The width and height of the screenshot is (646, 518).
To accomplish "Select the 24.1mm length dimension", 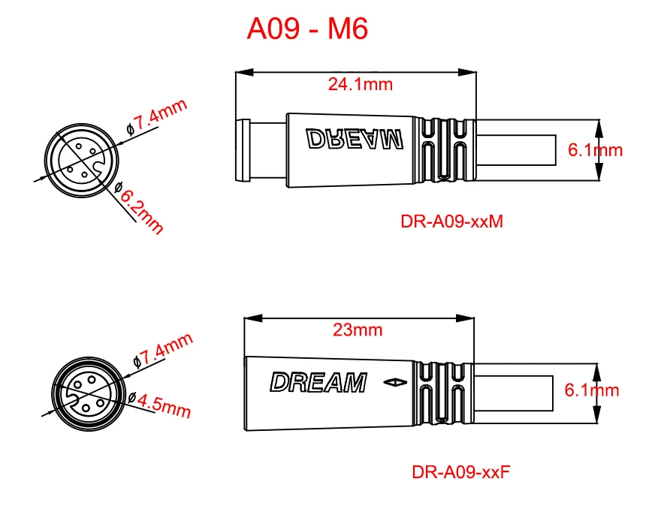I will tap(360, 84).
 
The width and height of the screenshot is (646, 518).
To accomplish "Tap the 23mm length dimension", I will tap(357, 330).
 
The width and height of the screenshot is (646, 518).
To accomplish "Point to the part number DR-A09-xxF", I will tap(461, 472).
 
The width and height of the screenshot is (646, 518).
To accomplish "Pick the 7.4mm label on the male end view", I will tap(159, 116).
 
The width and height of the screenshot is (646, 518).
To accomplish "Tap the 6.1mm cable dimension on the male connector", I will tap(595, 149).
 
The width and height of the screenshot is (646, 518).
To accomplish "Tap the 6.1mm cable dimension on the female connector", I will tap(591, 390).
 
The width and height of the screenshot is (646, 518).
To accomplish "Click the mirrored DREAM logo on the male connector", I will tap(355, 139).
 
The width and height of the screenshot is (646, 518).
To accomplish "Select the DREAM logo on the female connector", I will tap(318, 383).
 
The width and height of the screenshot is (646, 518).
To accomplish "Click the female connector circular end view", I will tap(84, 395).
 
